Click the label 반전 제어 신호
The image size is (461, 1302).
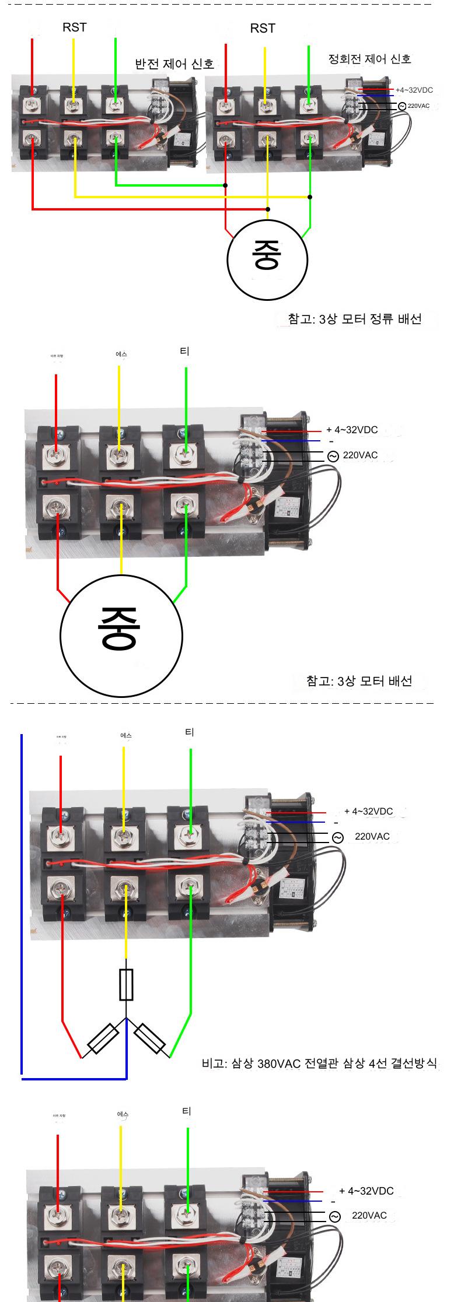click(x=174, y=64)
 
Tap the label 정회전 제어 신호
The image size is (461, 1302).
click(x=369, y=59)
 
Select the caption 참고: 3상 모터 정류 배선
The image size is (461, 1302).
click(x=354, y=319)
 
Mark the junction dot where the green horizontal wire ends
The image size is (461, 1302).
click(x=225, y=185)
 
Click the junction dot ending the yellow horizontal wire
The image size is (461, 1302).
click(x=310, y=197)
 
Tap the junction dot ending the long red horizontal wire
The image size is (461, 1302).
click(x=267, y=209)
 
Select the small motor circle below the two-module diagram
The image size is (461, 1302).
click(x=267, y=259)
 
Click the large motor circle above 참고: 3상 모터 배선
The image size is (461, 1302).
click(x=121, y=634)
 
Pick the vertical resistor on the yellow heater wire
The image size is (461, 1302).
click(x=125, y=985)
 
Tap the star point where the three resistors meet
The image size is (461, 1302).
click(x=126, y=1019)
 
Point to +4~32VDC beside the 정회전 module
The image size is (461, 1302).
click(x=414, y=90)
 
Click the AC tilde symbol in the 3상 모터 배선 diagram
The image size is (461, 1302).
click(x=333, y=457)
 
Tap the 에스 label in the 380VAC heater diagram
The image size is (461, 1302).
click(x=126, y=735)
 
